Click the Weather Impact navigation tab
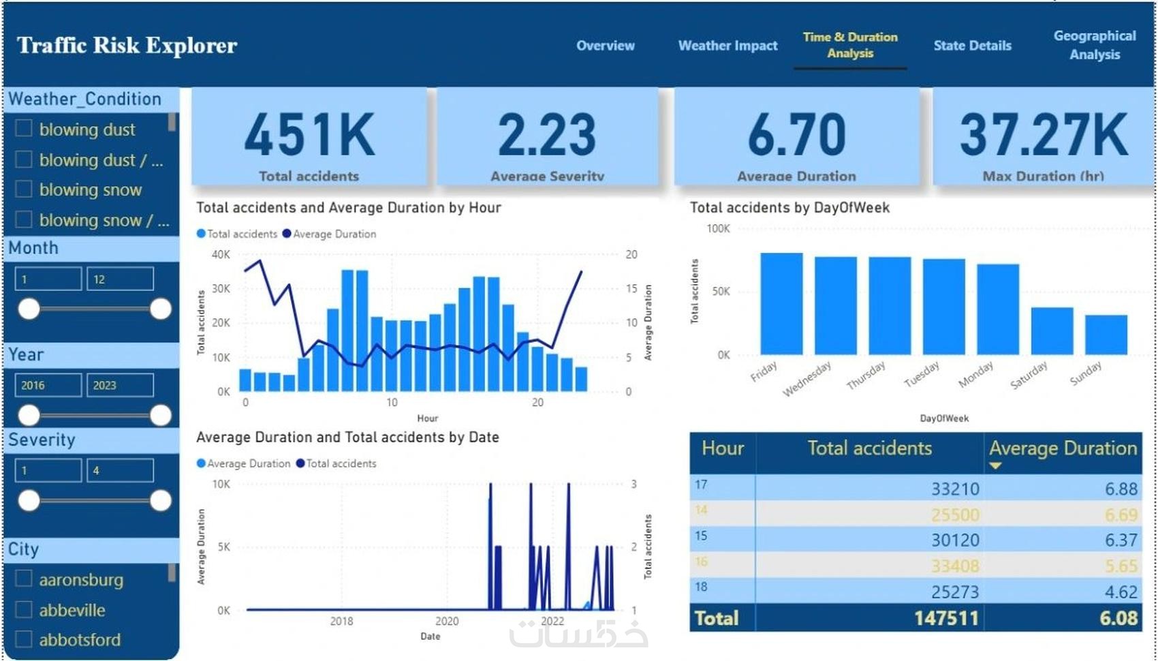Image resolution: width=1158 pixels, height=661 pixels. click(x=727, y=46)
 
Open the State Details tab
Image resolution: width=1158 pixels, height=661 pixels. click(x=972, y=46)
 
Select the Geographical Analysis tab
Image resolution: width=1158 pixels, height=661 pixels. click(x=1094, y=45)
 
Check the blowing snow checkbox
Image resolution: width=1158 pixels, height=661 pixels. click(x=24, y=189)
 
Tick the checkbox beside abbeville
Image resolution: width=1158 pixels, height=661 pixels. click(x=24, y=609)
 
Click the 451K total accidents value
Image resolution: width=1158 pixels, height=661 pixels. click(x=309, y=135)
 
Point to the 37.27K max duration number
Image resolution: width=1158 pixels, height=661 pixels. click(x=1043, y=135)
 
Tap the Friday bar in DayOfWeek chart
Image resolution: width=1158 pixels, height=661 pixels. click(x=781, y=304)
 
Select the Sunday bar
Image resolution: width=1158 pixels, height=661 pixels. click(x=1106, y=335)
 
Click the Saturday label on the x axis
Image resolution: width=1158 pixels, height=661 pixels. click(x=1029, y=375)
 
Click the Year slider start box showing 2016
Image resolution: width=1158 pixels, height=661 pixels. click(x=48, y=385)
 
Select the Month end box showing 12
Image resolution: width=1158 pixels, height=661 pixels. click(x=120, y=279)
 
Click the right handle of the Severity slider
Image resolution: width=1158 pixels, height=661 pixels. click(x=161, y=501)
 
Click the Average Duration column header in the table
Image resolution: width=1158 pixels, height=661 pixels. click(x=1063, y=448)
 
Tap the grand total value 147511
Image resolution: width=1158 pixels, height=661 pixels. click(x=946, y=618)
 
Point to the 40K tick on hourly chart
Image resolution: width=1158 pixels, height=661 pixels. click(x=221, y=255)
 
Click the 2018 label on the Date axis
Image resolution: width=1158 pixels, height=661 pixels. click(x=341, y=621)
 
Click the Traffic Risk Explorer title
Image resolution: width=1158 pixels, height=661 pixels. click(x=127, y=46)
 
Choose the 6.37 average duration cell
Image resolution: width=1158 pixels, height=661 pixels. click(x=1121, y=540)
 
